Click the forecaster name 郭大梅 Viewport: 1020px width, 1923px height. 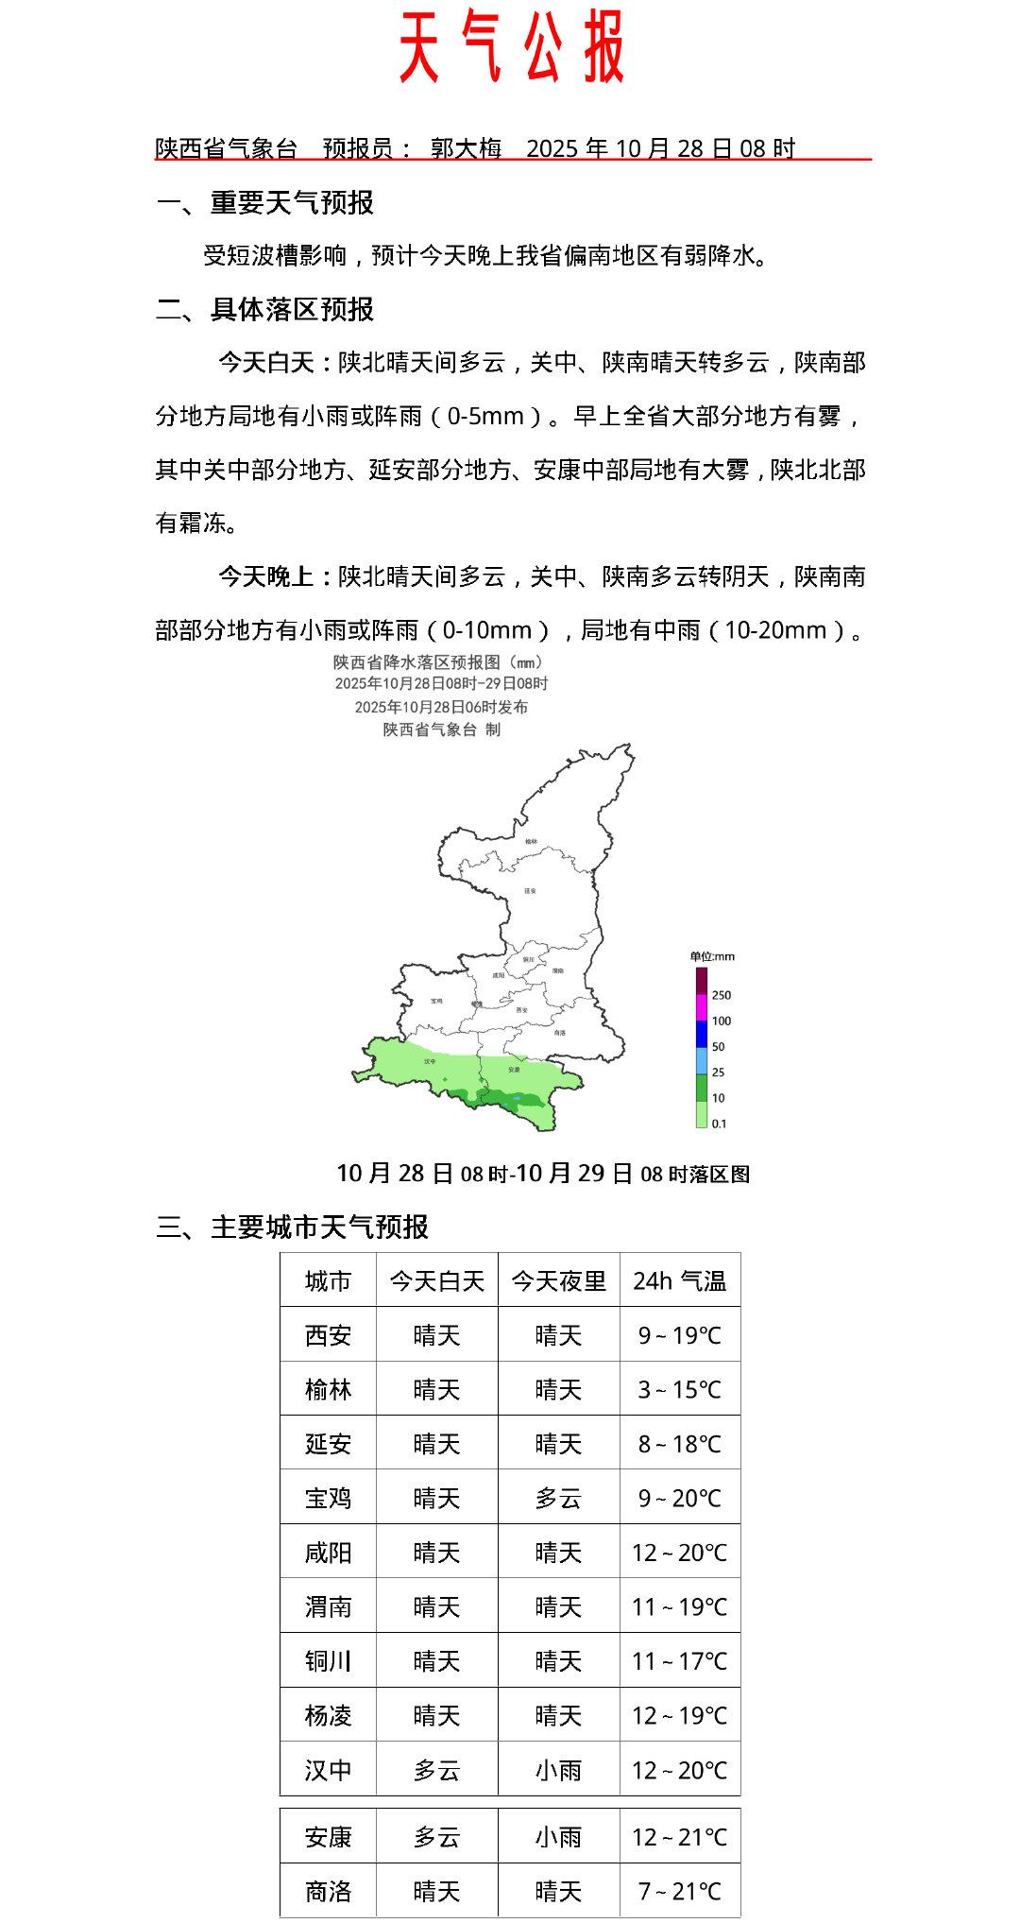(x=466, y=148)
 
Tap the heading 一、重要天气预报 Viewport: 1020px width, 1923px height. (x=264, y=202)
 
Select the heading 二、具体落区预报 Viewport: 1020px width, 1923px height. (x=264, y=309)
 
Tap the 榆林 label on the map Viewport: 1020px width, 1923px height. (x=531, y=840)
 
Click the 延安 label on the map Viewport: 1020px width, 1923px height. (x=530, y=890)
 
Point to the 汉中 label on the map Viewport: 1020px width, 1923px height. (x=431, y=1061)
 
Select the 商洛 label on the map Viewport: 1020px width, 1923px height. (x=560, y=1032)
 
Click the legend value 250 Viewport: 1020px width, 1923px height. (x=722, y=995)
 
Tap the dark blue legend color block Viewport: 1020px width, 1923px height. (x=702, y=1034)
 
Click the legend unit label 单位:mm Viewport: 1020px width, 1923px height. (x=712, y=956)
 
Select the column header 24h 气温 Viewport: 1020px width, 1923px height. (x=680, y=1280)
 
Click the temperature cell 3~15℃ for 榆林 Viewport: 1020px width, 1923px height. (x=680, y=1389)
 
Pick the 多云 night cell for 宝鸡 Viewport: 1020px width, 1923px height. (x=558, y=1498)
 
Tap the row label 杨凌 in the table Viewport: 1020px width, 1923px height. (x=328, y=1715)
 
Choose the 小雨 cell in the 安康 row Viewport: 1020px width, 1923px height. (x=558, y=1837)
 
